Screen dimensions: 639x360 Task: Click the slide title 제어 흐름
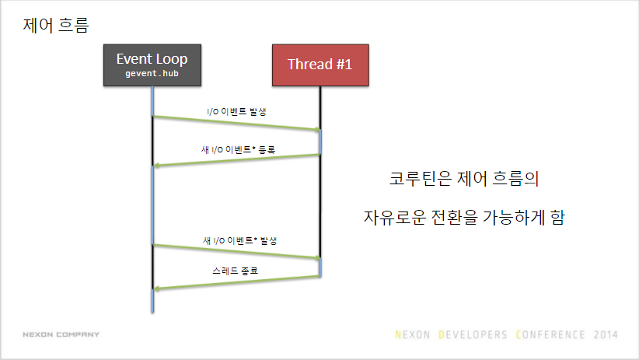click(55, 26)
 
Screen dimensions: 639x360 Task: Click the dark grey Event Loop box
click(152, 65)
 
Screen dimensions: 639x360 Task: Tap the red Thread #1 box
click(320, 65)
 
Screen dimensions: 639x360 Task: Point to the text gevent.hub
click(152, 73)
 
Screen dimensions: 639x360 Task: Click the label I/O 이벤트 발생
click(237, 111)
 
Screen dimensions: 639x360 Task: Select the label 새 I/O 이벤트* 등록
click(238, 150)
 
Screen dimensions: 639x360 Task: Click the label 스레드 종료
click(235, 271)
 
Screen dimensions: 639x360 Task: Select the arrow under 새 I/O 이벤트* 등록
click(236, 160)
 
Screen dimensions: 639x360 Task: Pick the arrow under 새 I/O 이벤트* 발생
click(236, 251)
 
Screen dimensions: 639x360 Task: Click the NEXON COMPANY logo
click(61, 334)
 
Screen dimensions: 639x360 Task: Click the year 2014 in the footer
click(605, 335)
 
